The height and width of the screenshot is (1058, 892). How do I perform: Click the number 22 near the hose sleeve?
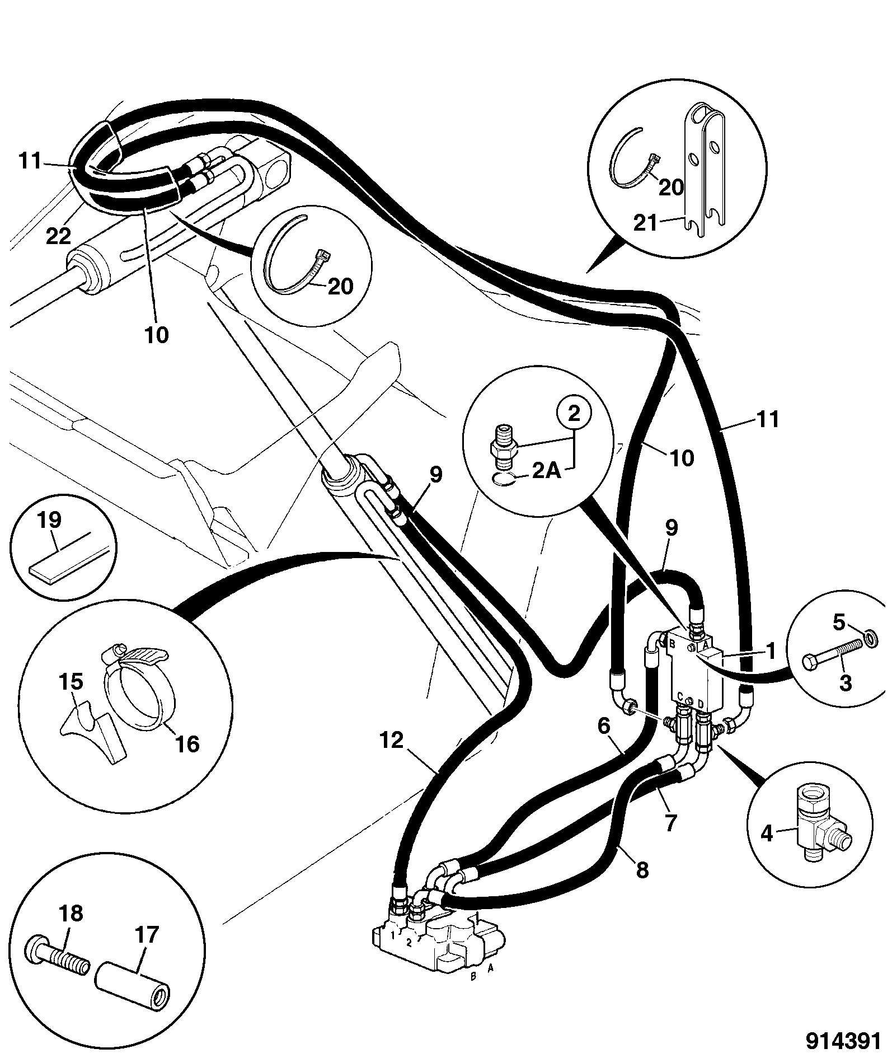58,235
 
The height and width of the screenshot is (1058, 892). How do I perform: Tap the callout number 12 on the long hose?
391,741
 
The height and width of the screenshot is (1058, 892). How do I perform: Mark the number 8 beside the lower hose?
642,869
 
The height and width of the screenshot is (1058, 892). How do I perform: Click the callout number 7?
669,822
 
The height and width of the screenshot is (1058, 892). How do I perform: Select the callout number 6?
603,726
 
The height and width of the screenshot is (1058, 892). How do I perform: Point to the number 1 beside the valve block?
770,650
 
